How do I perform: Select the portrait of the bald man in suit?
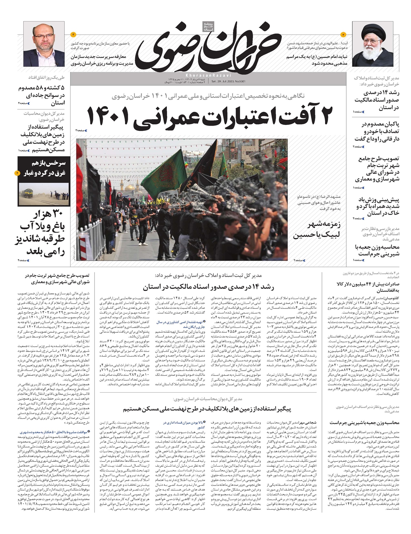(44, 46)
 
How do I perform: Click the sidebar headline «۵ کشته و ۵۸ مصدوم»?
(42, 95)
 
